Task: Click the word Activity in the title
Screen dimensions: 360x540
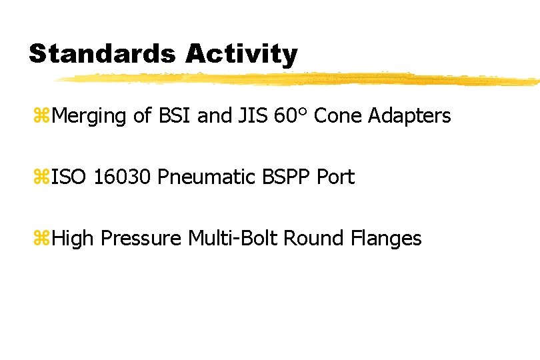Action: (x=241, y=54)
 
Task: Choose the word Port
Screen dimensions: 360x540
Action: (x=335, y=177)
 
